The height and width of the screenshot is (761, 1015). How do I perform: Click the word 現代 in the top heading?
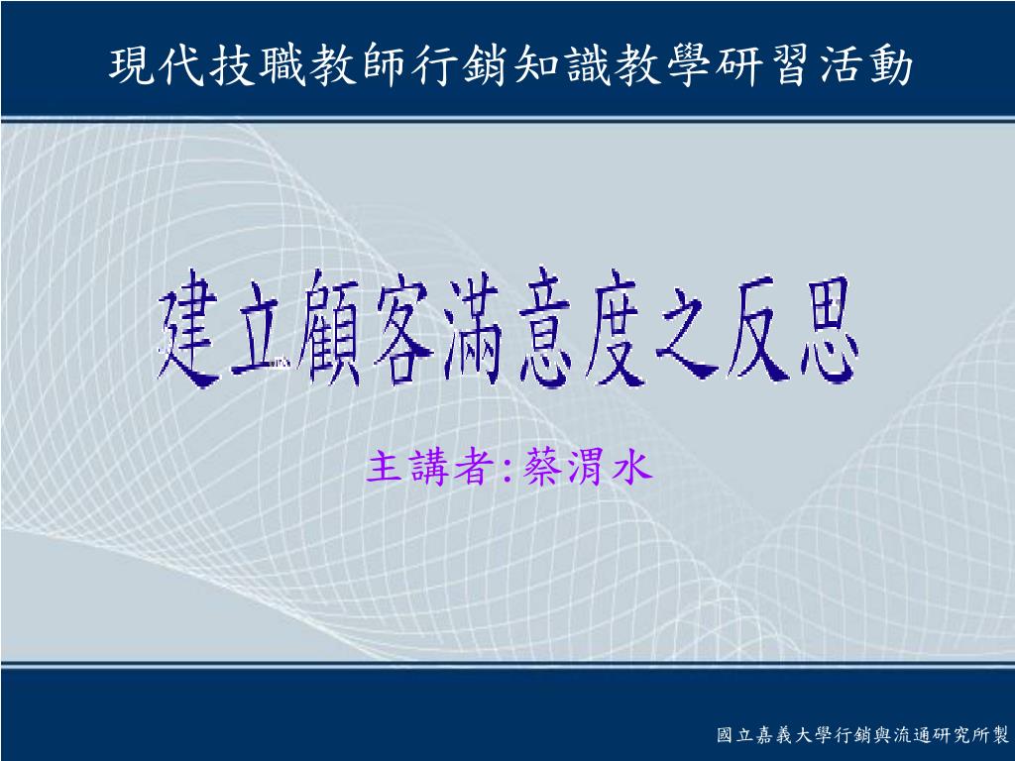[158, 65]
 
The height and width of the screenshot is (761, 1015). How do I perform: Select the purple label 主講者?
[430, 467]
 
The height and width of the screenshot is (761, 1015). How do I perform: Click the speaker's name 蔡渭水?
[586, 467]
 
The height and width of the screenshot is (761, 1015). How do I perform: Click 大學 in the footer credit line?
[813, 735]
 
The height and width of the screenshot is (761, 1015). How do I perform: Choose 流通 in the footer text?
[912, 735]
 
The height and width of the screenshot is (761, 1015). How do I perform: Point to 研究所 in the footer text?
[960, 735]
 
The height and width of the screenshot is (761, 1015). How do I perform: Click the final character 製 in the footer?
[999, 735]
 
